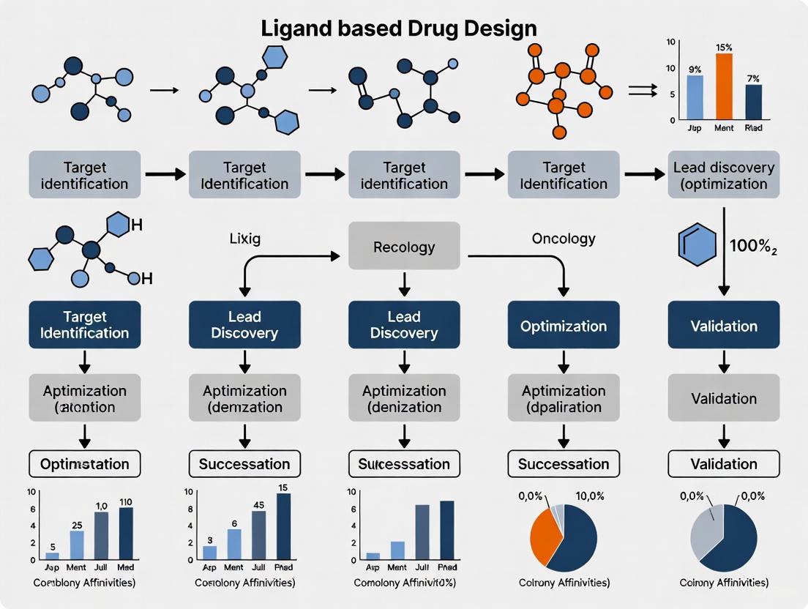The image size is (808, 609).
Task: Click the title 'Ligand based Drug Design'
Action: [x=399, y=28]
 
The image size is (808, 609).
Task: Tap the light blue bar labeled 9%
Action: [x=695, y=97]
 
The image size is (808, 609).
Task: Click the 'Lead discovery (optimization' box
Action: [x=723, y=175]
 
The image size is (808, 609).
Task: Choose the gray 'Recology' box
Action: [x=404, y=247]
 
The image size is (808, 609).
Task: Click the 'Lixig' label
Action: [x=245, y=239]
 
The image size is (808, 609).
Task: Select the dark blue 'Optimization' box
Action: [x=563, y=326]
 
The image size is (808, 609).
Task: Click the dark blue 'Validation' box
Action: [x=723, y=326]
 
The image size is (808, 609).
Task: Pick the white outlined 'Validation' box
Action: [x=723, y=463]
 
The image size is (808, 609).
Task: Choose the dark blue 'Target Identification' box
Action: [x=85, y=325]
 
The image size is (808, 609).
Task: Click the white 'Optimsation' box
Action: [x=85, y=463]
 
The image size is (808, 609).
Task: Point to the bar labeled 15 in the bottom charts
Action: [x=283, y=527]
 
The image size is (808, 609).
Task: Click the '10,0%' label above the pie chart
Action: [x=591, y=496]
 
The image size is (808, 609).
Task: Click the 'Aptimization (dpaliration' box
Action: [x=563, y=398]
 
